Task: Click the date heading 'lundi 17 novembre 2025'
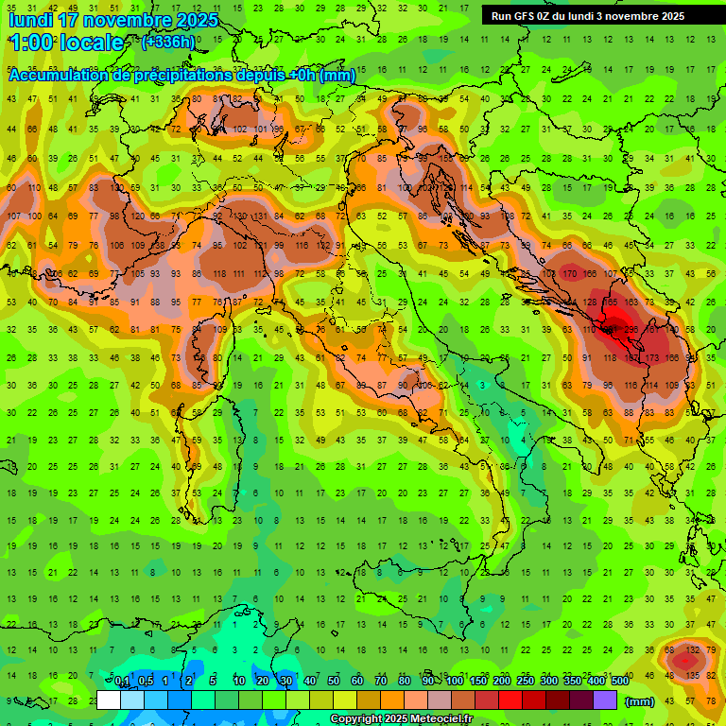(112, 20)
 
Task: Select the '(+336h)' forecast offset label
(168, 42)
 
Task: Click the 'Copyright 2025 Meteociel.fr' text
(401, 719)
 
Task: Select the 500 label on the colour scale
(620, 681)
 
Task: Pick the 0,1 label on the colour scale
(122, 681)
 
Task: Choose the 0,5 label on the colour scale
(145, 681)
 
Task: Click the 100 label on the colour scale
(454, 681)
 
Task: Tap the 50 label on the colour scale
(334, 681)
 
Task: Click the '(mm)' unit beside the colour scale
(640, 701)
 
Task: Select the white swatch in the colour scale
(109, 700)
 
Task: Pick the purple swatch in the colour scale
(605, 700)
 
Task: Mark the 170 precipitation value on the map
(569, 274)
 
